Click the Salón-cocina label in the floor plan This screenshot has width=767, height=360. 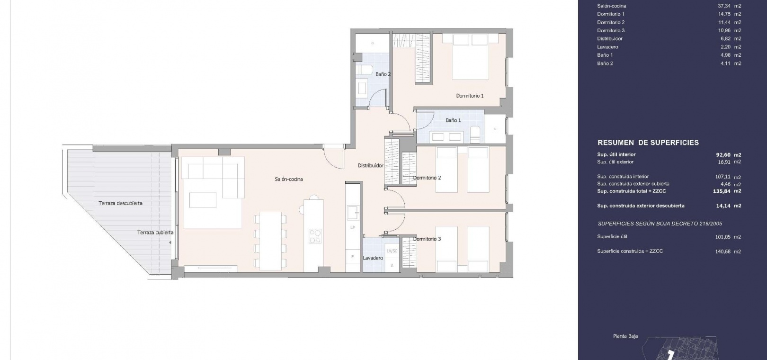click(289, 179)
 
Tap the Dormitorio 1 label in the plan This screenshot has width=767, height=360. click(470, 96)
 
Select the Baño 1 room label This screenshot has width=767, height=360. click(453, 120)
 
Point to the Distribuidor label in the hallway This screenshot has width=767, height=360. click(371, 165)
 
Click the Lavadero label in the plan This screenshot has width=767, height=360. click(373, 258)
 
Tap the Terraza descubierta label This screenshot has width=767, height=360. click(121, 203)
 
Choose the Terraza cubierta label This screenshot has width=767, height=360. click(155, 232)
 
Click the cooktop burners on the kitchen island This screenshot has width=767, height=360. click(315, 236)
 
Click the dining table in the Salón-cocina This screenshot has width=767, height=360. click(270, 241)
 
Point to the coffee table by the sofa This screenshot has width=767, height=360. click(203, 200)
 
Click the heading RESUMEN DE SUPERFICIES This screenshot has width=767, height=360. click(648, 143)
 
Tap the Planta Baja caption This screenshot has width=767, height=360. click(625, 336)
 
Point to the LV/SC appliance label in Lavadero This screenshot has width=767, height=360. click(392, 251)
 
